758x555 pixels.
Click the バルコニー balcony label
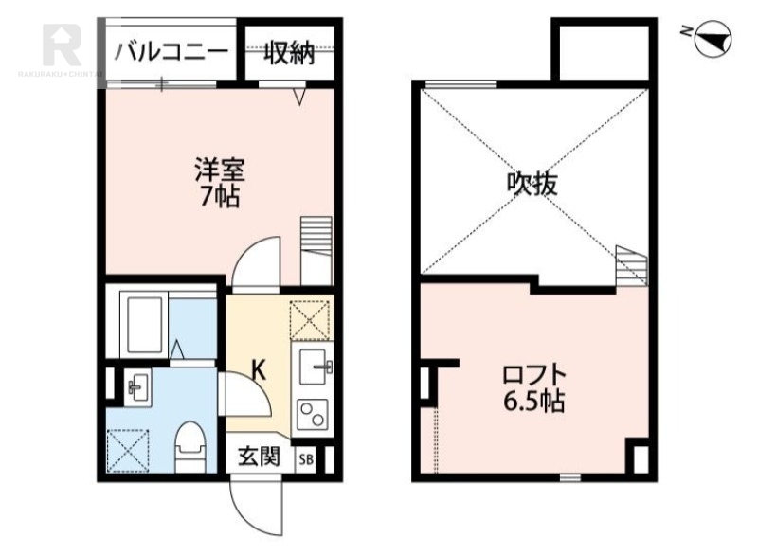[x=171, y=52]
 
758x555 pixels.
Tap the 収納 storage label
[x=288, y=53]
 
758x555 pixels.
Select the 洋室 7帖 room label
[x=219, y=183]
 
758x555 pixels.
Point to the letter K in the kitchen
[x=256, y=368]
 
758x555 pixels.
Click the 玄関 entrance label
[x=258, y=458]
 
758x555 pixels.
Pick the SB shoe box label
[x=305, y=459]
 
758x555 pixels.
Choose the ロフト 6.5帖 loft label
[x=533, y=387]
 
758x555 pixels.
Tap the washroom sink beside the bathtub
[x=136, y=385]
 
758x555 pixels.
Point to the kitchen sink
[x=314, y=365]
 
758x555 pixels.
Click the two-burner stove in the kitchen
[x=312, y=415]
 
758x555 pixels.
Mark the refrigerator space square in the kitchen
[x=311, y=318]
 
